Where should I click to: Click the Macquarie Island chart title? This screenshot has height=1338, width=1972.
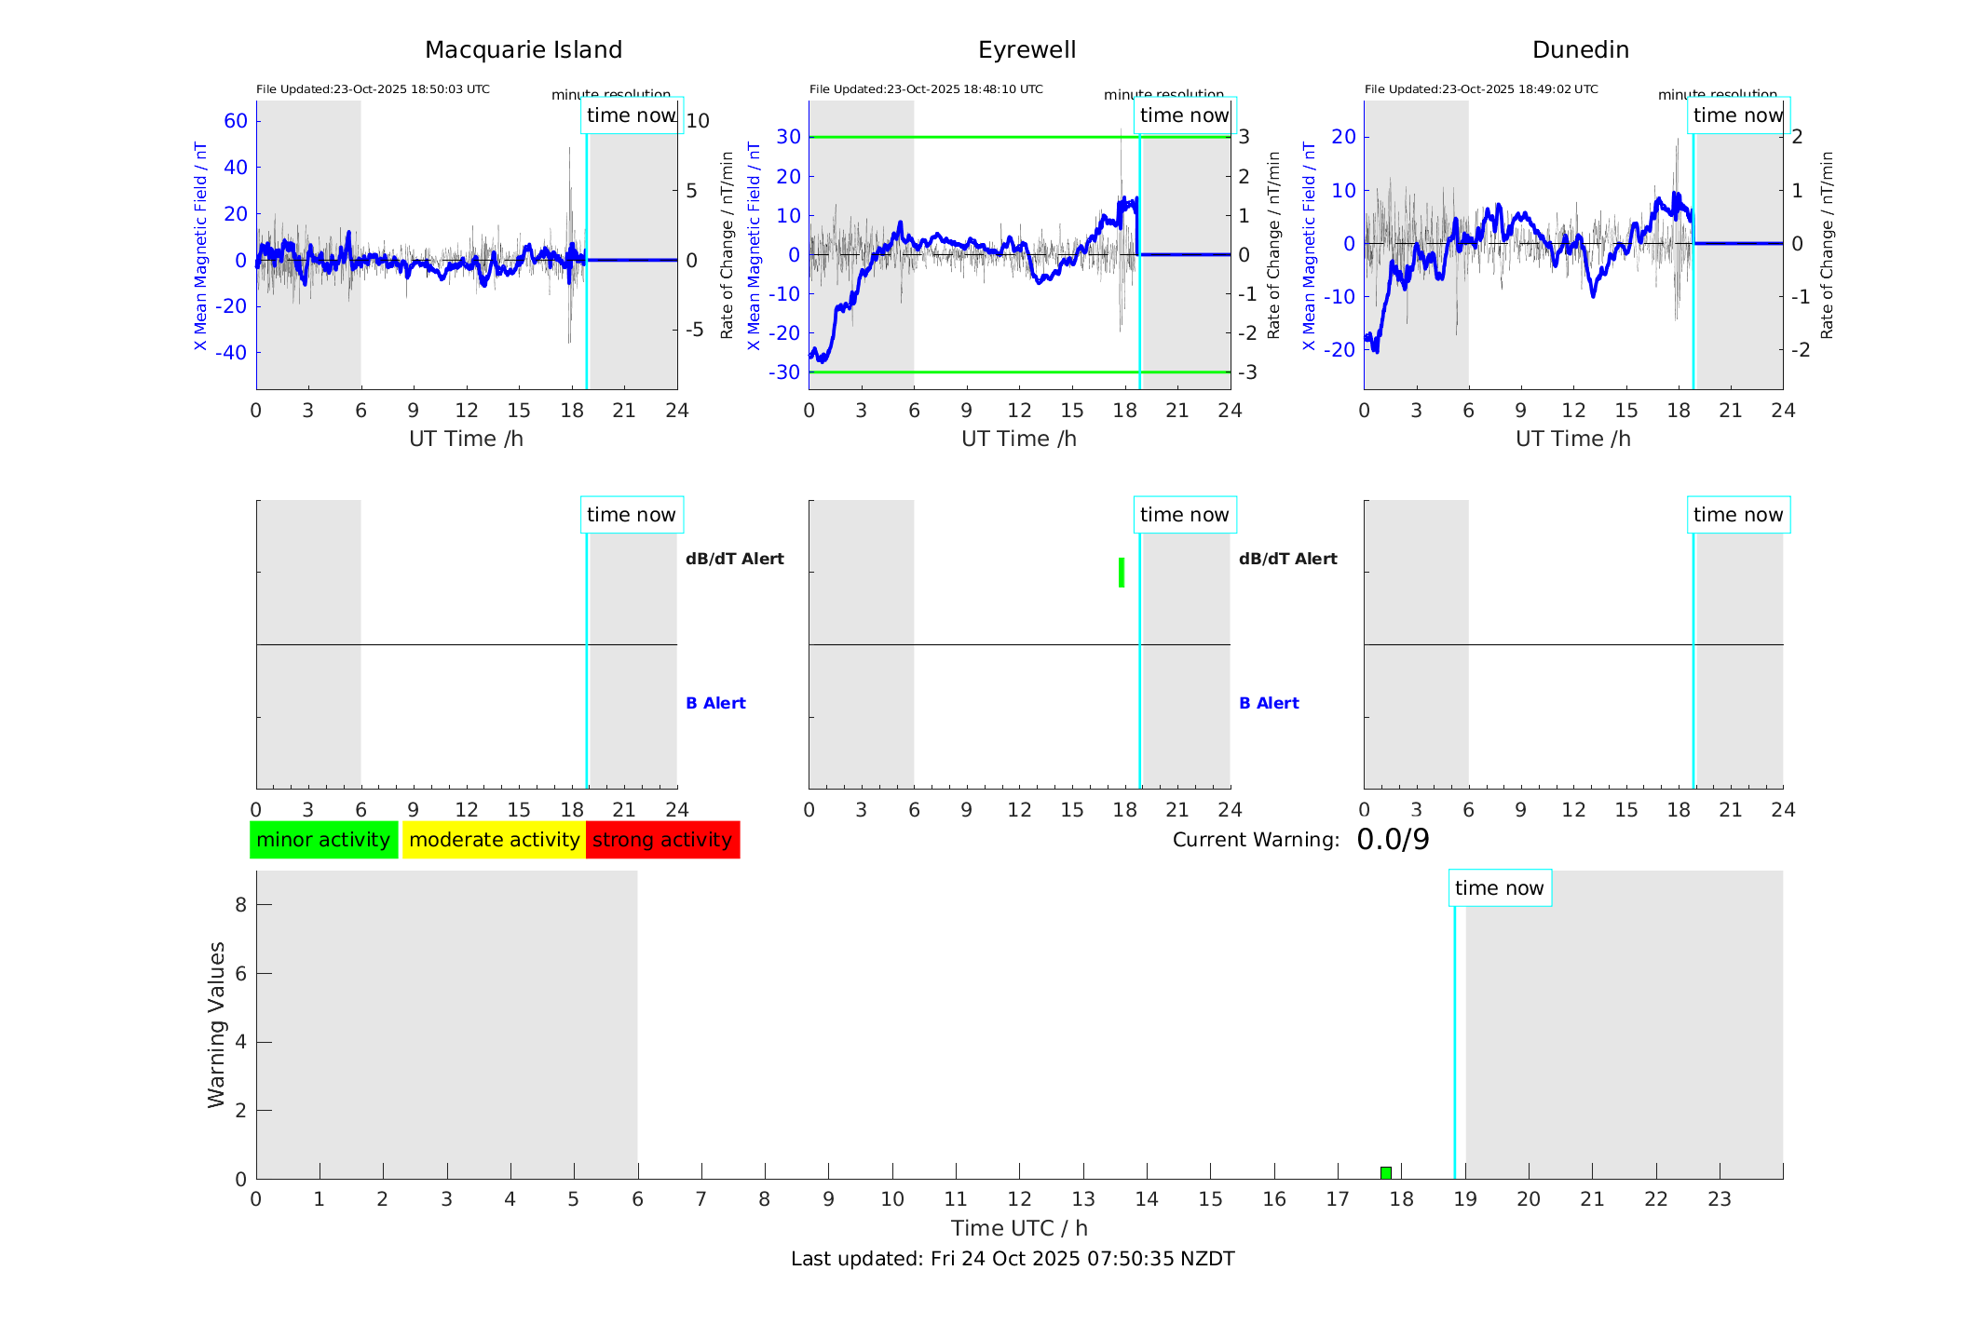pos(523,50)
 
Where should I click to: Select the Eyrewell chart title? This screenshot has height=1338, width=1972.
pos(1027,50)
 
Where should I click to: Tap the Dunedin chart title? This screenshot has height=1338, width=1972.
pos(1580,50)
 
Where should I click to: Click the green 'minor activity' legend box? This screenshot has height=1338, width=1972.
pos(323,840)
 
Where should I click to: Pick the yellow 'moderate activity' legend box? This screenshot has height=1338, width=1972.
pos(494,840)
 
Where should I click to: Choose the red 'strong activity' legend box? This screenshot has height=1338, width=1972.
pos(662,840)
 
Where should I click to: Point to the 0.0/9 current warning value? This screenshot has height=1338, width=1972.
pos(1393,840)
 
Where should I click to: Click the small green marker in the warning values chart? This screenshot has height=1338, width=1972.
pos(1386,1172)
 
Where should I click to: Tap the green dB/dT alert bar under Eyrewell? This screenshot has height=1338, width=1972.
pos(1122,573)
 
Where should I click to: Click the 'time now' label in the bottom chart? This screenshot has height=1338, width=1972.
pos(1499,888)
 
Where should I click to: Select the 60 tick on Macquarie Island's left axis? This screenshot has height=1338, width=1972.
pos(236,121)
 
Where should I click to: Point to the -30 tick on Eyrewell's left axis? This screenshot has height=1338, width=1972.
pos(788,372)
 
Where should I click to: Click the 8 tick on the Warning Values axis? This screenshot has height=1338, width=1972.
pos(241,904)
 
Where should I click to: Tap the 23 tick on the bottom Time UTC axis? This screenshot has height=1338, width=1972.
pos(1720,1199)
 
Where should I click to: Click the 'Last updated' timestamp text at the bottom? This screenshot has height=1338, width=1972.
pos(1013,1259)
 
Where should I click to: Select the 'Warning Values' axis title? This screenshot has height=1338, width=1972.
pos(217,1024)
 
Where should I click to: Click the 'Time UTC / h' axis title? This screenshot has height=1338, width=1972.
pos(1019,1228)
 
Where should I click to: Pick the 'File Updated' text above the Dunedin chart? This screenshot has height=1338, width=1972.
pos(1481,89)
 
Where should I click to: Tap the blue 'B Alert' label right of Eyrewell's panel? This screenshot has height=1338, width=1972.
pos(1269,703)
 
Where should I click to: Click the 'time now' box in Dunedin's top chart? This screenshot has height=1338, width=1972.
pos(1738,115)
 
